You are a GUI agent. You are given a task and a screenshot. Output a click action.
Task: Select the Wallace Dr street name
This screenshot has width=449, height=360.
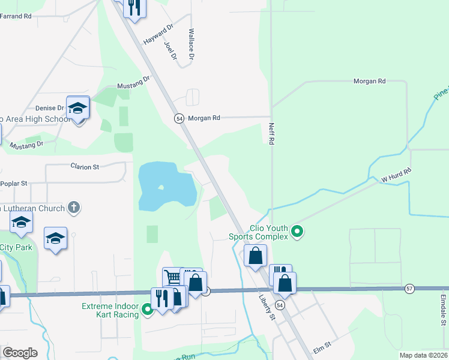click(191, 44)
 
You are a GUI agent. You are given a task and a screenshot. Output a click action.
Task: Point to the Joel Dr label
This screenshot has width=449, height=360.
click(171, 50)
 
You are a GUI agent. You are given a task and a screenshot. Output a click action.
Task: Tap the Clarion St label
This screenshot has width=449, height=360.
click(85, 167)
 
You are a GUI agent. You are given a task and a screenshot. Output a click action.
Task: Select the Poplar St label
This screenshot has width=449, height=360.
click(16, 183)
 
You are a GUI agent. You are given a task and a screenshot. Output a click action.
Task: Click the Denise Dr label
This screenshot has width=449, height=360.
click(49, 108)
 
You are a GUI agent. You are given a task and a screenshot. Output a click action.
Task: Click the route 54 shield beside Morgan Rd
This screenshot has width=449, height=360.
click(179, 119)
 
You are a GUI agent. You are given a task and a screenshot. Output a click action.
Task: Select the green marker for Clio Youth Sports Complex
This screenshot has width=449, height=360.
click(297, 231)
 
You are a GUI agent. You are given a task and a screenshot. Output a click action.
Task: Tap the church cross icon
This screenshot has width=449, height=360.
click(73, 208)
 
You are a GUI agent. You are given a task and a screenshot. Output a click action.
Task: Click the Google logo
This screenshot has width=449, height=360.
click(20, 353)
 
